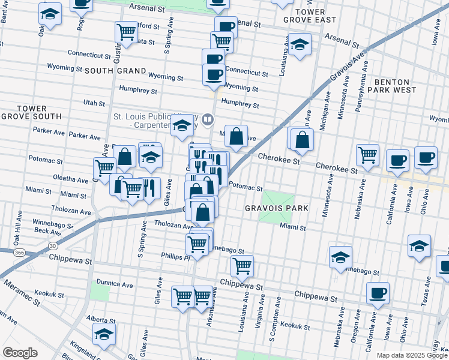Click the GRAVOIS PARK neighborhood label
276,208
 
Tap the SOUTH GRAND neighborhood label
115,71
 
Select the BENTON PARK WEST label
391,86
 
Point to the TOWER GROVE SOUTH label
31,112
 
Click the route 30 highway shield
53,245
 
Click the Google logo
20,352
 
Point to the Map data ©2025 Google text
411,355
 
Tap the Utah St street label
94,103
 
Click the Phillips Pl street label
175,256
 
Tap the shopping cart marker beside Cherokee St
367,154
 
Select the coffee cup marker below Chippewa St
378,293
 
